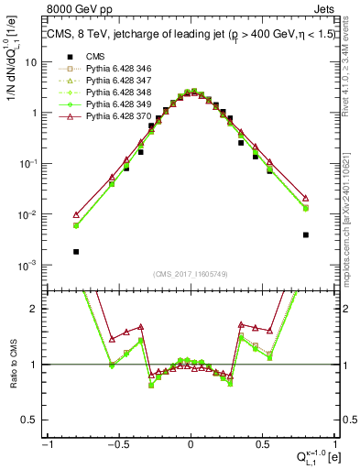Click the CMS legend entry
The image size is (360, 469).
click(x=95, y=56)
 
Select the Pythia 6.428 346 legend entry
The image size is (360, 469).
click(x=118, y=68)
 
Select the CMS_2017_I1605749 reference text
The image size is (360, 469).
click(x=190, y=274)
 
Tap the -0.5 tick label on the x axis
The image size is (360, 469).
click(x=118, y=443)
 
